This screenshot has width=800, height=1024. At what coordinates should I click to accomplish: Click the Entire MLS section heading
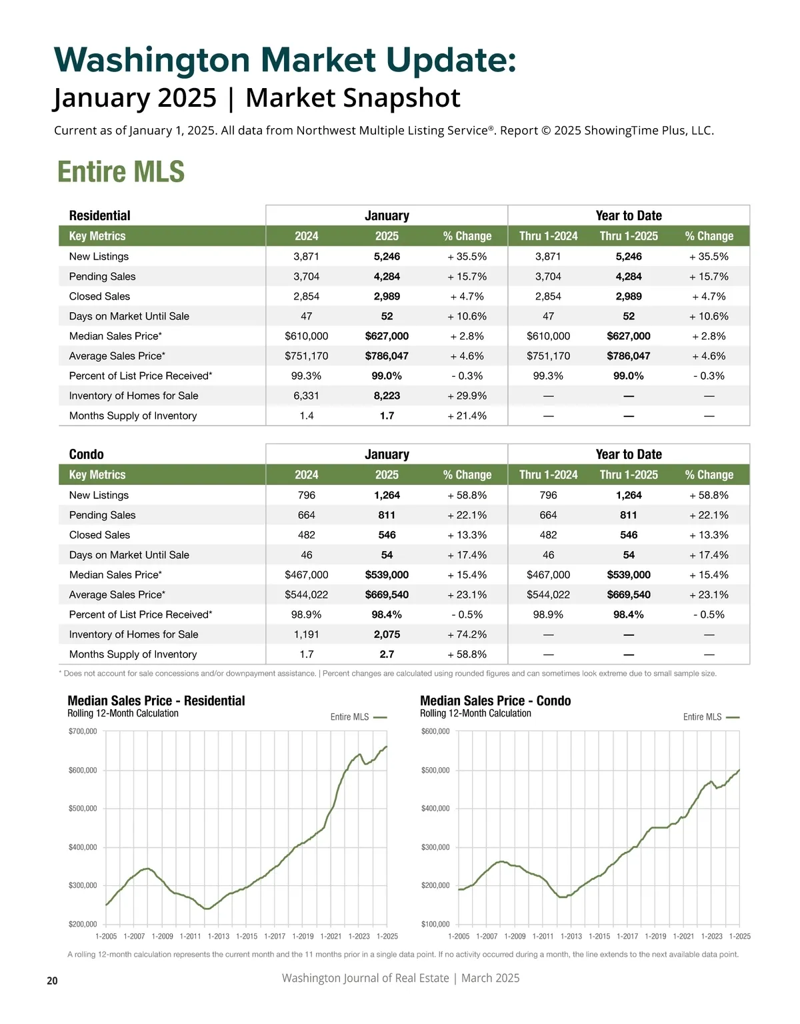tap(121, 171)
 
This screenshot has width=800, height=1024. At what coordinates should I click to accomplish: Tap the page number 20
tap(52, 981)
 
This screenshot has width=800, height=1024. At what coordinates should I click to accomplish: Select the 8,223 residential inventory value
tap(387, 396)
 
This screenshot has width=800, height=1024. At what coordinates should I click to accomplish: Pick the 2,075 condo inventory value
tap(387, 634)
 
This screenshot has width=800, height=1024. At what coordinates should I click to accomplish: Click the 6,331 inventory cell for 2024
tap(306, 396)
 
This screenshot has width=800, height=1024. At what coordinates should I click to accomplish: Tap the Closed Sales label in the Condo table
tap(99, 535)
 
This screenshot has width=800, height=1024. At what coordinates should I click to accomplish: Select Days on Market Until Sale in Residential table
tap(129, 316)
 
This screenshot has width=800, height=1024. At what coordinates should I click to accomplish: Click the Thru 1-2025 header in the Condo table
tap(628, 475)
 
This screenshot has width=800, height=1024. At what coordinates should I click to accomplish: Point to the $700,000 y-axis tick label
tap(83, 732)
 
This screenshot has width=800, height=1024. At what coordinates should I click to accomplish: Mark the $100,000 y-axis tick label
tap(435, 924)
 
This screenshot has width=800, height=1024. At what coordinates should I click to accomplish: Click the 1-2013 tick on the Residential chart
tap(219, 937)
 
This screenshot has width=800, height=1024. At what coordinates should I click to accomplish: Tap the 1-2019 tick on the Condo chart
tap(655, 937)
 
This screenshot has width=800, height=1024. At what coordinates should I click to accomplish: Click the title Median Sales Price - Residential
tap(156, 700)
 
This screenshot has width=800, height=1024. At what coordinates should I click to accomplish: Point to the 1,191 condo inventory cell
tap(306, 634)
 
